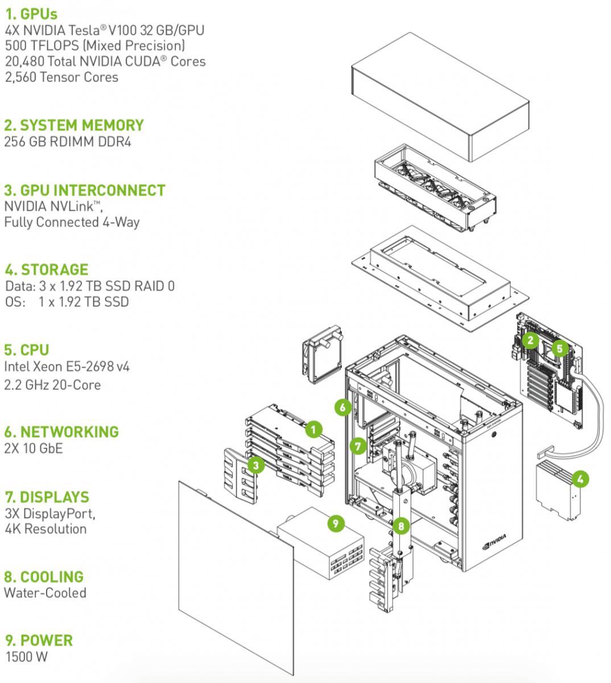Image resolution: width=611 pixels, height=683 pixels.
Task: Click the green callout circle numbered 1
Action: (x=313, y=429)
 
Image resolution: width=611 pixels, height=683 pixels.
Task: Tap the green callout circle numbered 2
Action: (x=530, y=340)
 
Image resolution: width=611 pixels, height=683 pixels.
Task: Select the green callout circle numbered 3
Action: (x=256, y=466)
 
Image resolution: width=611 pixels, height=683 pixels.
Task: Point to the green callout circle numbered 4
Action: (x=580, y=479)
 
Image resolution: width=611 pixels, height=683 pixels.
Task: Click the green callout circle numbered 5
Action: (x=559, y=348)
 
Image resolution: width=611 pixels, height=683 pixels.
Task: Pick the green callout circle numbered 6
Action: (x=342, y=407)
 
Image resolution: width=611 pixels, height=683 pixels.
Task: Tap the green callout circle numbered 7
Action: (x=358, y=446)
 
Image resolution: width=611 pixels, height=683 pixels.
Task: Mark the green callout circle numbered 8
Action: (x=401, y=526)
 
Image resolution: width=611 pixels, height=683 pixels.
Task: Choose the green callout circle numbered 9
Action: (x=336, y=523)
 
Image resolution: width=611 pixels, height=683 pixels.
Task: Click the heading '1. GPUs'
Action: (x=31, y=14)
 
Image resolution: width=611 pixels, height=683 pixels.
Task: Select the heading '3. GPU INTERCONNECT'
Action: (x=85, y=190)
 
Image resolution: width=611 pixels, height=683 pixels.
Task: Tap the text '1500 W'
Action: (x=27, y=657)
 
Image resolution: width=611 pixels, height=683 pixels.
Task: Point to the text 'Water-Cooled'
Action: (x=46, y=593)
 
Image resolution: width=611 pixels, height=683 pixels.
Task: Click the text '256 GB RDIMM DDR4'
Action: (x=68, y=142)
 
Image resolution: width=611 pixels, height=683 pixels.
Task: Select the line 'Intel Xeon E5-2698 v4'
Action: (x=67, y=367)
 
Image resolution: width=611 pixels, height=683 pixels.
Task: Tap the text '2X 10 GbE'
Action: (x=34, y=449)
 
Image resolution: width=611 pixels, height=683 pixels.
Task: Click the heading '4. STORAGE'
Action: (x=47, y=269)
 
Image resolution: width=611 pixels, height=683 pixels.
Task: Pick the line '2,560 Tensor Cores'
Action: (x=62, y=77)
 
